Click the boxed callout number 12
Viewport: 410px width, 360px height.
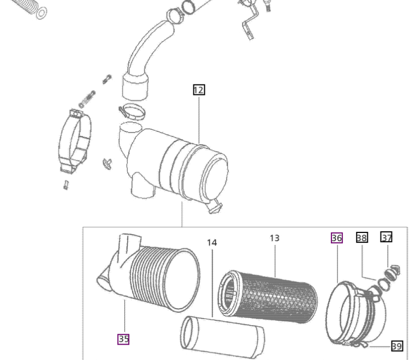199,90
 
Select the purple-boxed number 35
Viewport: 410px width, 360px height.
123,339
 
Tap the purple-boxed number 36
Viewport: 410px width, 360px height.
337,238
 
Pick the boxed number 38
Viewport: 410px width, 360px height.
362,237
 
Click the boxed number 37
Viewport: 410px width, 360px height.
386,237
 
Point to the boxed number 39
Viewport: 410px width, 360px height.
397,346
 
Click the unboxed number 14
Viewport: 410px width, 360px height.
212,243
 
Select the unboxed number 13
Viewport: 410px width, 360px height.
275,238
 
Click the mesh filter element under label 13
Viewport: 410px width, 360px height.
268,297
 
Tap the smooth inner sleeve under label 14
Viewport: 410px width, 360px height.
223,337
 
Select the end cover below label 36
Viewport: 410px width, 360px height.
355,314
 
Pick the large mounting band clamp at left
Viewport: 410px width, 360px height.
75,141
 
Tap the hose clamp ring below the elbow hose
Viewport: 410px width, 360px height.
132,112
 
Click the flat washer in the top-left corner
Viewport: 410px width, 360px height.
41,13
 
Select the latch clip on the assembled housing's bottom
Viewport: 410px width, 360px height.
215,206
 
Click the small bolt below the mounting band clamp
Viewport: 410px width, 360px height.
66,185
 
